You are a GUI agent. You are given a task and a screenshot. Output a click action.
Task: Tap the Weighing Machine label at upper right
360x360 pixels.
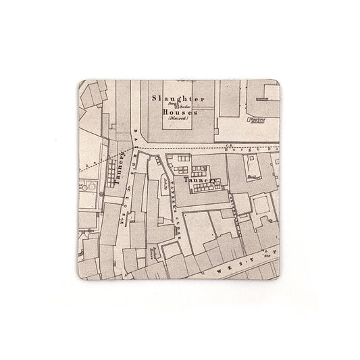tap(257, 122)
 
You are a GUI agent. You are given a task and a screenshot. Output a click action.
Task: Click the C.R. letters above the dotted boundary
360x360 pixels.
tap(229, 142)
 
